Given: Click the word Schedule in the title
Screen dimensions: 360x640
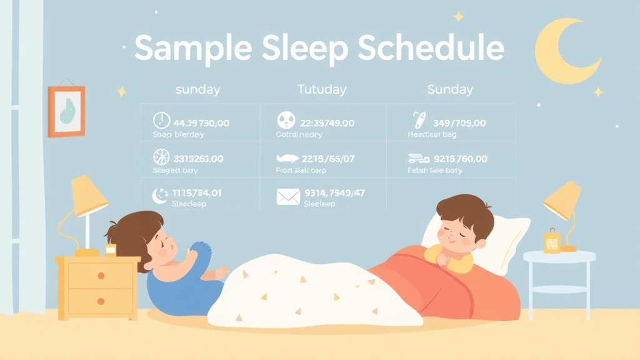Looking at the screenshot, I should (x=431, y=47).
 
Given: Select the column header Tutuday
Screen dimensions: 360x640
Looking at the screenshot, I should (x=321, y=89).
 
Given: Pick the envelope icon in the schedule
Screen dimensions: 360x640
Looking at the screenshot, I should (x=288, y=197).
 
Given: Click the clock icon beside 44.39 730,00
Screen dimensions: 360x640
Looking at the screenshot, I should (x=161, y=120).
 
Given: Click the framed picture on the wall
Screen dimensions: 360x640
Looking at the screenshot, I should (x=66, y=111).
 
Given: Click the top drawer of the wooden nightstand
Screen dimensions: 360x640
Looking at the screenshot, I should (x=100, y=274).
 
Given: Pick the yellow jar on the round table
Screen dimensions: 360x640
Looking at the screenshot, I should (x=551, y=241).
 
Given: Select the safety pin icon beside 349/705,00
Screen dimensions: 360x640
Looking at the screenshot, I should (x=417, y=121).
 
